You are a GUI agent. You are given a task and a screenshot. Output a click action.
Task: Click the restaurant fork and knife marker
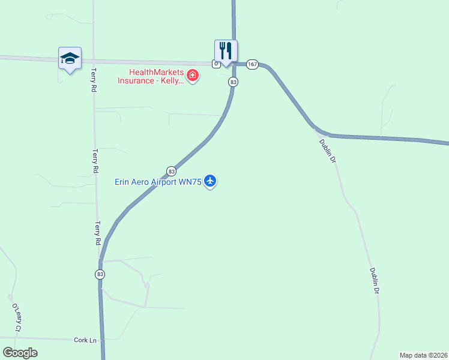226,50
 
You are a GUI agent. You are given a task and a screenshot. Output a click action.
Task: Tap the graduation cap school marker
70,58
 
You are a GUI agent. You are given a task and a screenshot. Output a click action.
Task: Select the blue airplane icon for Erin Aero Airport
209,180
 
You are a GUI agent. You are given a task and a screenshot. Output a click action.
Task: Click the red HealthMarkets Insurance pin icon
193,76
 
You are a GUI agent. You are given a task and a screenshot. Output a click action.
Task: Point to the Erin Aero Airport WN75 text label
158,182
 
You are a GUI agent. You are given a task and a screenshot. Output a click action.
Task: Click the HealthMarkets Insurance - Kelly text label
150,76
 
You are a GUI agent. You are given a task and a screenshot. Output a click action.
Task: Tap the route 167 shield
252,64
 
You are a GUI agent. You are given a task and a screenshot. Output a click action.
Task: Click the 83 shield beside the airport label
171,170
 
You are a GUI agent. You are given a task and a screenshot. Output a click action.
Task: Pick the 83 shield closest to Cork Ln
100,274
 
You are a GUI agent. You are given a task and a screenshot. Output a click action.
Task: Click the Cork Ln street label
85,340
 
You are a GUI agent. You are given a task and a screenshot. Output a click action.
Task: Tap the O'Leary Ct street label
17,318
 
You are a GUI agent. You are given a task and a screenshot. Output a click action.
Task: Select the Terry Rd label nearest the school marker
94,79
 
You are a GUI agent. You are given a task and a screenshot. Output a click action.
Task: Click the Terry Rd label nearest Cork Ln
97,233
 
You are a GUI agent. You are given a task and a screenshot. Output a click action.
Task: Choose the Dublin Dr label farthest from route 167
375,281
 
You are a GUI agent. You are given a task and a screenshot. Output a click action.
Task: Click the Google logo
20,353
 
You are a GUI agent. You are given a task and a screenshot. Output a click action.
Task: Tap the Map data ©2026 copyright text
423,355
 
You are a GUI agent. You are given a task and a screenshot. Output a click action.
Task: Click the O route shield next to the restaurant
215,64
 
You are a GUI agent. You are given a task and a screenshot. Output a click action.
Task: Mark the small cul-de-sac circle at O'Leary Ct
10,297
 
